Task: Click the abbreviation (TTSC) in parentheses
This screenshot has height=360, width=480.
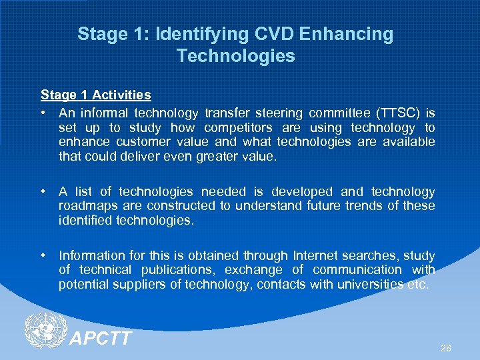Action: [x=398, y=113]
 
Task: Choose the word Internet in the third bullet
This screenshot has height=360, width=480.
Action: [x=316, y=255]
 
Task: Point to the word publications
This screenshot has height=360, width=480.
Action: [x=179, y=270]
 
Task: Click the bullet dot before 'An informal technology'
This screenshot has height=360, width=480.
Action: [x=44, y=113]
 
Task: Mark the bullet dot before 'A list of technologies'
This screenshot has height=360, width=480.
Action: [x=44, y=192]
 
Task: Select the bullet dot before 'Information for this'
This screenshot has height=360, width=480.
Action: [x=44, y=256]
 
